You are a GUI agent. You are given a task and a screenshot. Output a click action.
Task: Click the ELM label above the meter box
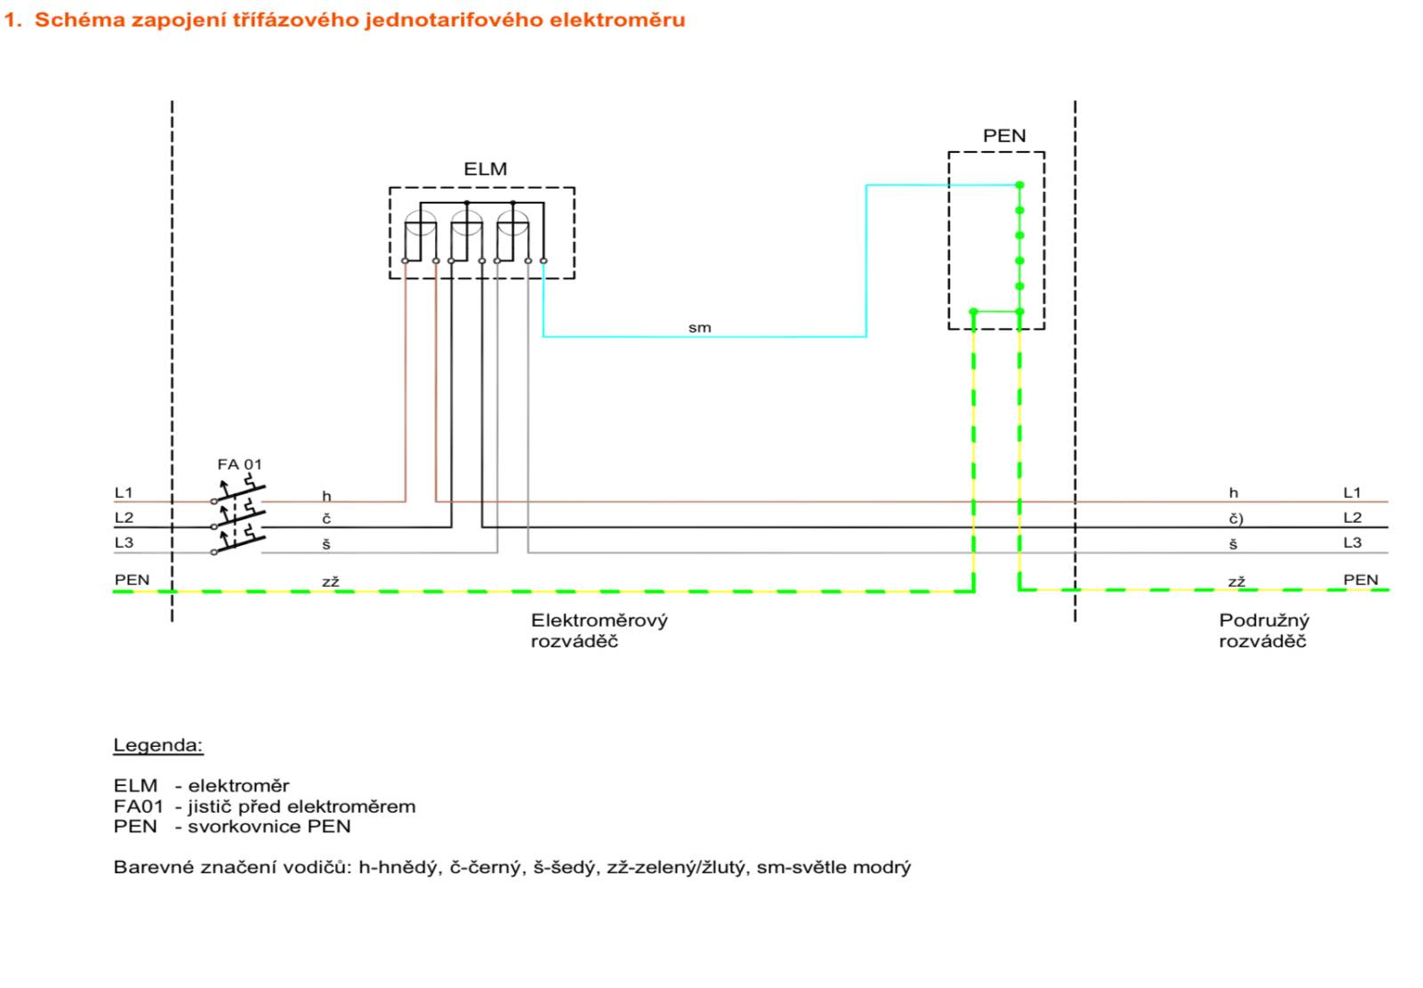click(x=486, y=169)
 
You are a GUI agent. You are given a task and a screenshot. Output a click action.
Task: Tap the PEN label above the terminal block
click(x=1004, y=136)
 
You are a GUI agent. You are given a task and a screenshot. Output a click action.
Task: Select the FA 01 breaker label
click(x=239, y=464)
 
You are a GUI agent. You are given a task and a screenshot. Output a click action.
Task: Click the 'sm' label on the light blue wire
click(x=699, y=328)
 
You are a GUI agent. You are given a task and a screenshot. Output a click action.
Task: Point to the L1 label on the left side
click(x=124, y=493)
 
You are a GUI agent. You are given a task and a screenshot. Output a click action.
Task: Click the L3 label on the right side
click(x=1353, y=542)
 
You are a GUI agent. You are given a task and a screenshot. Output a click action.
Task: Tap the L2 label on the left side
click(x=124, y=518)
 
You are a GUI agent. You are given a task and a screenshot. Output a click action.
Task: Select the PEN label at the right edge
click(x=1361, y=580)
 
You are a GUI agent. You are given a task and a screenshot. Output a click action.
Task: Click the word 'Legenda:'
click(x=158, y=745)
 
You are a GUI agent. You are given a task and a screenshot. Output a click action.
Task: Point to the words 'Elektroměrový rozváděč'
click(x=599, y=631)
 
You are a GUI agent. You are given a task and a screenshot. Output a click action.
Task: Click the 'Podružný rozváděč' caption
click(x=1264, y=631)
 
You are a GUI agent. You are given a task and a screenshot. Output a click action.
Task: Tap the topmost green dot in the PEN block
click(x=1019, y=185)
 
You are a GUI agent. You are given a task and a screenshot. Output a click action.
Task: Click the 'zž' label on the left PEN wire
click(x=330, y=582)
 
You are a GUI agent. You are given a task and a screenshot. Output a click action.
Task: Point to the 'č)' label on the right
click(x=1235, y=518)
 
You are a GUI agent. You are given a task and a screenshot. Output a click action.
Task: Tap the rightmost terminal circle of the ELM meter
click(x=543, y=261)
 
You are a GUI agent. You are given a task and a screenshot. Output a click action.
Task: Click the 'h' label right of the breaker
click(x=326, y=495)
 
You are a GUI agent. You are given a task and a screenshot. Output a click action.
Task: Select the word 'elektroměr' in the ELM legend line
click(x=238, y=786)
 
